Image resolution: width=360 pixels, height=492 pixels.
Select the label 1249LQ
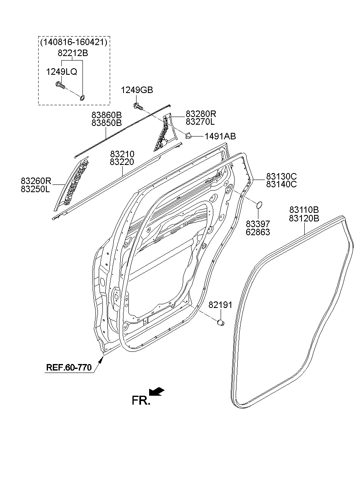click(x=61, y=72)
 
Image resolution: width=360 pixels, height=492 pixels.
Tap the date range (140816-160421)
click(x=74, y=42)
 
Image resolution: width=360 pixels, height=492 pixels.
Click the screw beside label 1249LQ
click(x=61, y=85)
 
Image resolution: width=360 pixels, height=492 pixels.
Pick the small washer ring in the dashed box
click(x=82, y=97)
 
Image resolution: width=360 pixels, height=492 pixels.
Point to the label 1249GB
click(x=137, y=90)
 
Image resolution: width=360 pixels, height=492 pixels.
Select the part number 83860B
click(x=106, y=115)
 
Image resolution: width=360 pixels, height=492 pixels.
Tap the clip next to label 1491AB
click(x=189, y=136)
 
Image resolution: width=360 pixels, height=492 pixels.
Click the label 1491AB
click(x=219, y=137)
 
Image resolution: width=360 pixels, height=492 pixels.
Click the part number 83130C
click(x=281, y=176)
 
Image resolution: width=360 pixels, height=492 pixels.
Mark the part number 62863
click(x=258, y=232)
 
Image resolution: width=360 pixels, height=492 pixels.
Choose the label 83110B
click(x=304, y=210)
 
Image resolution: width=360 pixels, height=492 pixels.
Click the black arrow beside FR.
click(x=156, y=391)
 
